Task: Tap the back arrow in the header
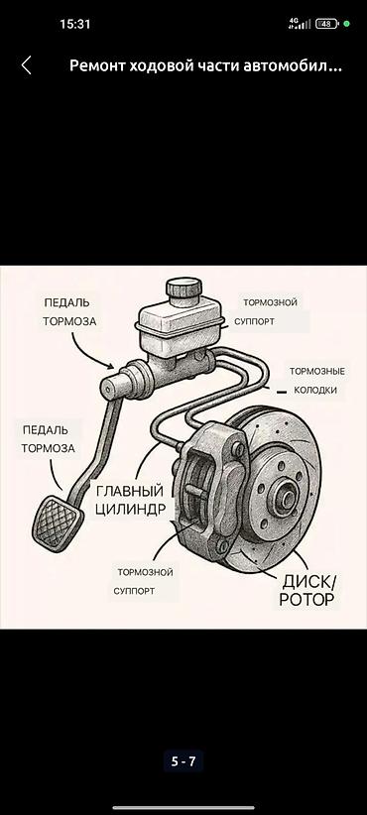point(27,65)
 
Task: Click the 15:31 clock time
point(75,24)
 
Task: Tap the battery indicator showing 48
point(326,24)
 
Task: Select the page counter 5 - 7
point(183,761)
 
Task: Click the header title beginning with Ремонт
point(205,66)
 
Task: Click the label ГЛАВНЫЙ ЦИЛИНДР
point(130,499)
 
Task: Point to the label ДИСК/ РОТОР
point(306,591)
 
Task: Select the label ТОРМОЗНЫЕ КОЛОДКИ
point(317,381)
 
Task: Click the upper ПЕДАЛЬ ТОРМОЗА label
point(69,312)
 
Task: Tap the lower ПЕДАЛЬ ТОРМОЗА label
point(48,439)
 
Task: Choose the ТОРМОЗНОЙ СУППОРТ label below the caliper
point(144,582)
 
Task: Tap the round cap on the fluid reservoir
point(184,288)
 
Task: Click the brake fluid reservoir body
point(180,325)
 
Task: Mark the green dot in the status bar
point(347,24)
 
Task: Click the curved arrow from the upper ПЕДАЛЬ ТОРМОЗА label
point(88,352)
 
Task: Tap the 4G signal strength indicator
point(300,24)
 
